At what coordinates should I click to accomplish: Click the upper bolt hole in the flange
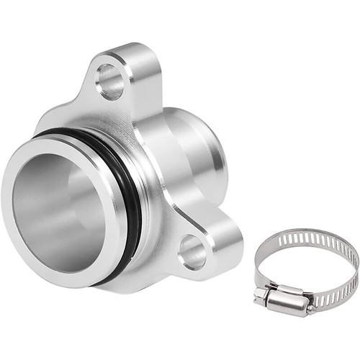[x=109, y=81]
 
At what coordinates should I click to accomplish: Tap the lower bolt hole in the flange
[x=192, y=251]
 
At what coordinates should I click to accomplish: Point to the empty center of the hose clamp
[x=306, y=266]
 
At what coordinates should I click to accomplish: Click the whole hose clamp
[x=306, y=270]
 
